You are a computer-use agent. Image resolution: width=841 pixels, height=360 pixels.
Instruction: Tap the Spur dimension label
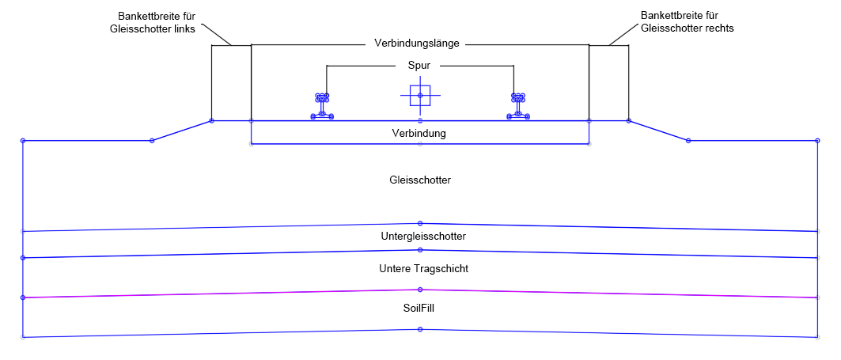click(419, 66)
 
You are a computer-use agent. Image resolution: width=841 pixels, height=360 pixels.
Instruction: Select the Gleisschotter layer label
click(420, 180)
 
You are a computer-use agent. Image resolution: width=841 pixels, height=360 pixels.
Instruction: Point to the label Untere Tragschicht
click(424, 269)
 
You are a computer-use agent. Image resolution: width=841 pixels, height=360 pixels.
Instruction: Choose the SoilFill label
click(419, 309)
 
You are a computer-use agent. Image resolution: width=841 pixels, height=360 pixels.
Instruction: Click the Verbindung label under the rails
click(419, 134)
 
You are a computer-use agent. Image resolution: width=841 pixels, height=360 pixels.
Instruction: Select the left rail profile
click(322, 106)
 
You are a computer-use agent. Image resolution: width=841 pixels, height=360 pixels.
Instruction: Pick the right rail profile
click(518, 106)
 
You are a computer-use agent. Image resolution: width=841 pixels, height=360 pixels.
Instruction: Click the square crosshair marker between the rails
click(420, 96)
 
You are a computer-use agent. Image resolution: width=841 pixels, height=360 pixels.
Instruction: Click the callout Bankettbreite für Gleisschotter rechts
click(687, 22)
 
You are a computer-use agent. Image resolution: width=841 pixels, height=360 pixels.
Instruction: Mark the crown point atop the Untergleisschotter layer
click(420, 223)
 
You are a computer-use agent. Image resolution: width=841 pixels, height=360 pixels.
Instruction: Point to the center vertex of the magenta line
click(420, 290)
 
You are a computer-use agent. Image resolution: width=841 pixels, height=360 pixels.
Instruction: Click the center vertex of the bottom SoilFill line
click(420, 329)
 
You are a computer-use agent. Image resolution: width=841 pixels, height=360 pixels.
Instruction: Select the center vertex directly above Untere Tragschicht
click(420, 250)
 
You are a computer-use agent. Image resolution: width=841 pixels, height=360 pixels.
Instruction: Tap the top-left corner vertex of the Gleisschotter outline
click(23, 141)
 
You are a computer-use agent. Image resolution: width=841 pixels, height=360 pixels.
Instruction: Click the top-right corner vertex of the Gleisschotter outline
click(817, 141)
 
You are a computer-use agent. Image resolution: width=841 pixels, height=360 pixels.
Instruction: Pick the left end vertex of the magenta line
click(23, 297)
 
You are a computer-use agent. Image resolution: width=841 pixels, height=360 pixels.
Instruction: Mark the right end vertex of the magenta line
click(817, 297)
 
